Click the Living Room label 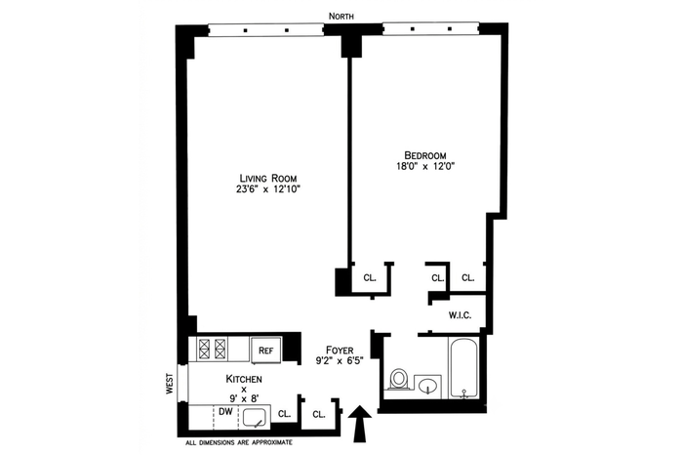click(x=268, y=179)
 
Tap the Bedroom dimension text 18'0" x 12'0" click(x=424, y=166)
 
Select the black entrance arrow click(x=360, y=424)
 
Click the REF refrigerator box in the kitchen click(x=265, y=351)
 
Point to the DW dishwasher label click(x=225, y=411)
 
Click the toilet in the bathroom click(x=398, y=379)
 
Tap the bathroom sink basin click(x=427, y=386)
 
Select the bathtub click(x=463, y=368)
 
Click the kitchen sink click(x=255, y=418)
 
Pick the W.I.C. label click(x=460, y=315)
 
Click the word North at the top click(x=341, y=17)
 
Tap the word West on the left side click(x=170, y=384)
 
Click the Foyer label click(x=340, y=350)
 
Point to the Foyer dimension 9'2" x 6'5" click(x=340, y=360)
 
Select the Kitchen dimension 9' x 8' click(x=244, y=398)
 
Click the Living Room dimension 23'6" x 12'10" click(x=268, y=189)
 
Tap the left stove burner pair click(x=204, y=349)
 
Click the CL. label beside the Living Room click(x=370, y=277)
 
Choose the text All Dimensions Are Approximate click(x=239, y=443)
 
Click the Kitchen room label click(x=244, y=379)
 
